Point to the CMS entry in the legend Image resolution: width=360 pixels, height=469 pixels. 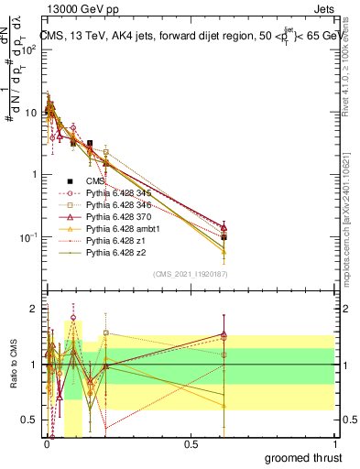(95, 180)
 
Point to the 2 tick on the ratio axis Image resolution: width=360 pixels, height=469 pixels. (33, 309)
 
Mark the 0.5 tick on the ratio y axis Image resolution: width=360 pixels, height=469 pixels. (29, 420)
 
